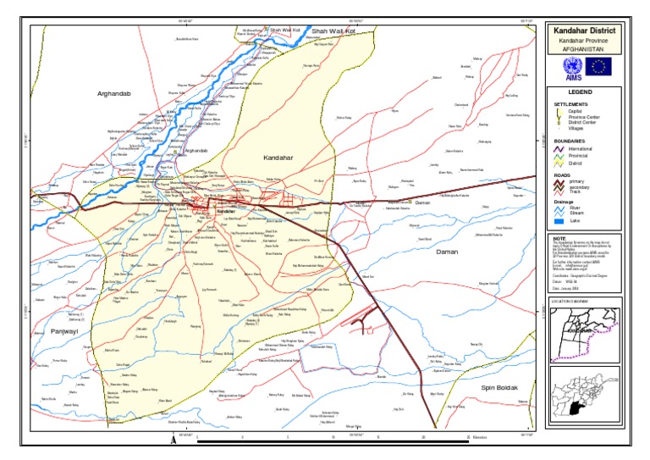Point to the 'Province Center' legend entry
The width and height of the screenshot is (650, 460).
[582, 116]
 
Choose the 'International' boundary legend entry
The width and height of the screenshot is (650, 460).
[580, 148]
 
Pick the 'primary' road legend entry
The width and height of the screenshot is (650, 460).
[576, 181]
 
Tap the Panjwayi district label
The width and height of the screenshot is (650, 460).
[63, 331]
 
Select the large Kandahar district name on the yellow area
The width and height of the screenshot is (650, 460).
[277, 158]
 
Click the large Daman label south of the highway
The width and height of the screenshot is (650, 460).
[446, 252]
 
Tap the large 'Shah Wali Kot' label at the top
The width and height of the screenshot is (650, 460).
[332, 30]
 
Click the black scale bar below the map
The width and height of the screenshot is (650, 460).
[334, 441]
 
